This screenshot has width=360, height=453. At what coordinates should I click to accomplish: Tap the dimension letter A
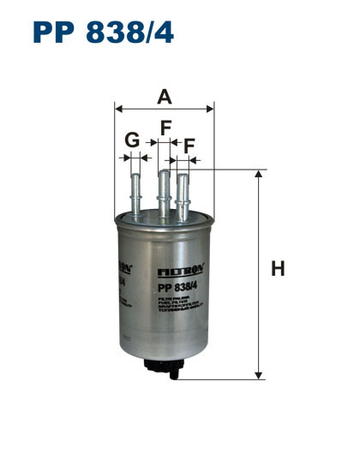(164, 98)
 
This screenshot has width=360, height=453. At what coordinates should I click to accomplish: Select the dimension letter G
(131, 140)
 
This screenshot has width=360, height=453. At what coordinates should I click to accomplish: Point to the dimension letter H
(277, 270)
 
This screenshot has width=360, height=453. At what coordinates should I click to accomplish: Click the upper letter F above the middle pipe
(166, 128)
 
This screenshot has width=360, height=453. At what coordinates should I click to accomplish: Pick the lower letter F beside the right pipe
(189, 146)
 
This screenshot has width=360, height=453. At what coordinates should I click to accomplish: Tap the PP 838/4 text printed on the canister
(177, 286)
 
